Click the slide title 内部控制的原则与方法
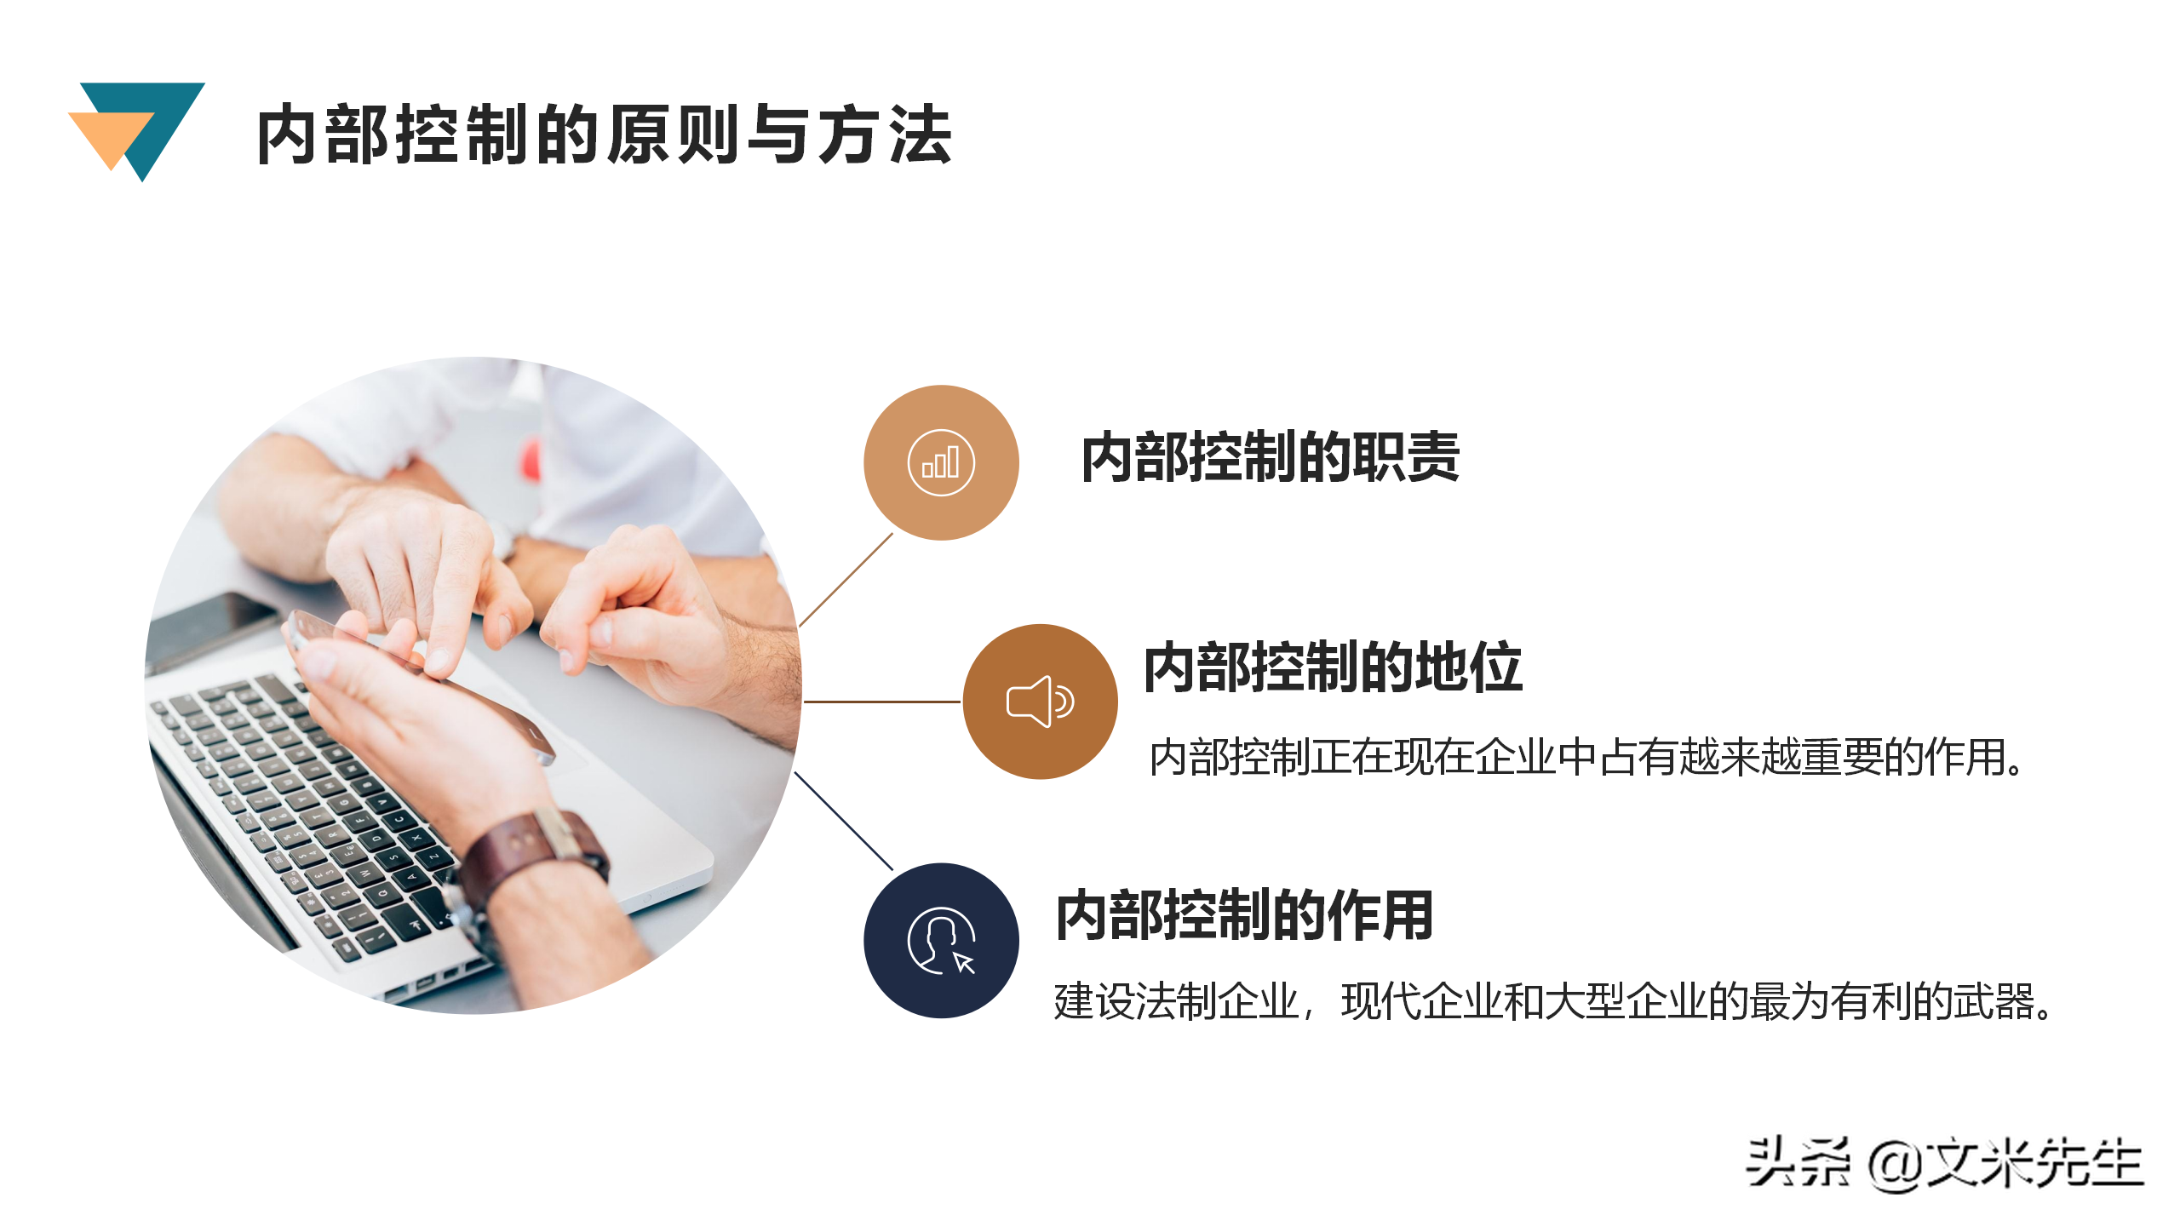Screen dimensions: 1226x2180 pos(603,135)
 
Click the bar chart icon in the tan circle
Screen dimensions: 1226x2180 pos(940,462)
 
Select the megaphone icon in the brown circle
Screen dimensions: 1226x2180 pos(1040,702)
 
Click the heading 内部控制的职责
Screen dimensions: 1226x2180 pos(1270,457)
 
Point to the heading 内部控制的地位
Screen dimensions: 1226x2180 pos(1332,667)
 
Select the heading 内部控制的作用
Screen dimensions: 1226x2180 pos(1244,915)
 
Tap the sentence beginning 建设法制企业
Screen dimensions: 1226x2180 pos(1553,1001)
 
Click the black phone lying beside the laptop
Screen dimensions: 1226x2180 pos(209,626)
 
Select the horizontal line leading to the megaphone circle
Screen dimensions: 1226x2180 pos(881,702)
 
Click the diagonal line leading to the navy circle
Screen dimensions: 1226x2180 pos(843,821)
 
